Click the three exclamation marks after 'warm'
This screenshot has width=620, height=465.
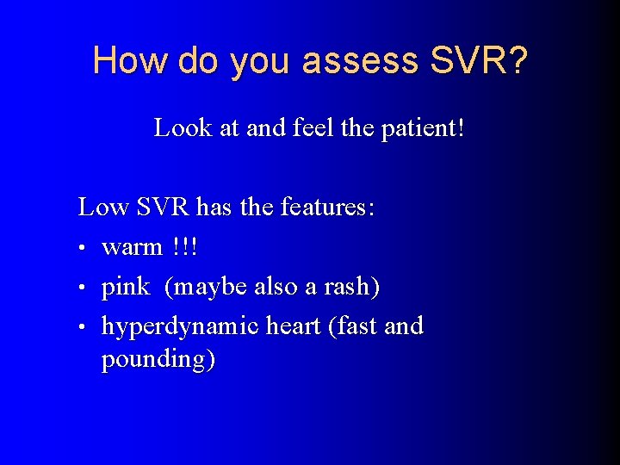(x=184, y=247)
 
